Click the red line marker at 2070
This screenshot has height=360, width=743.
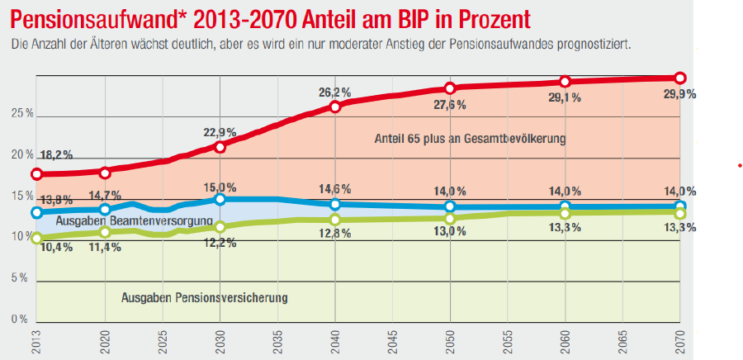point(680,78)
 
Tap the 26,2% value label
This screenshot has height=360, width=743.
point(335,92)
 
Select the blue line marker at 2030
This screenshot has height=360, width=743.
point(220,199)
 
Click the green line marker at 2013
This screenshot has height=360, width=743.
point(36,239)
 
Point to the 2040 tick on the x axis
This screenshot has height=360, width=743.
point(335,340)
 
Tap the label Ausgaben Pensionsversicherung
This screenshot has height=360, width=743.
point(204,297)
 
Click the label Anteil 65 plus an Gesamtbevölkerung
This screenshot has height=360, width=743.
point(470,139)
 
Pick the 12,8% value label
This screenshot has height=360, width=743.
point(335,234)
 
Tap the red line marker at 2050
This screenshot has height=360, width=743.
point(450,88)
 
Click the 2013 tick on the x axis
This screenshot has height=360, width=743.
point(36,340)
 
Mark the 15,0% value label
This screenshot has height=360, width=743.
point(220,187)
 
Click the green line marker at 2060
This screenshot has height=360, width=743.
point(565,214)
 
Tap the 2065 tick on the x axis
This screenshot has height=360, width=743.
point(622,340)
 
